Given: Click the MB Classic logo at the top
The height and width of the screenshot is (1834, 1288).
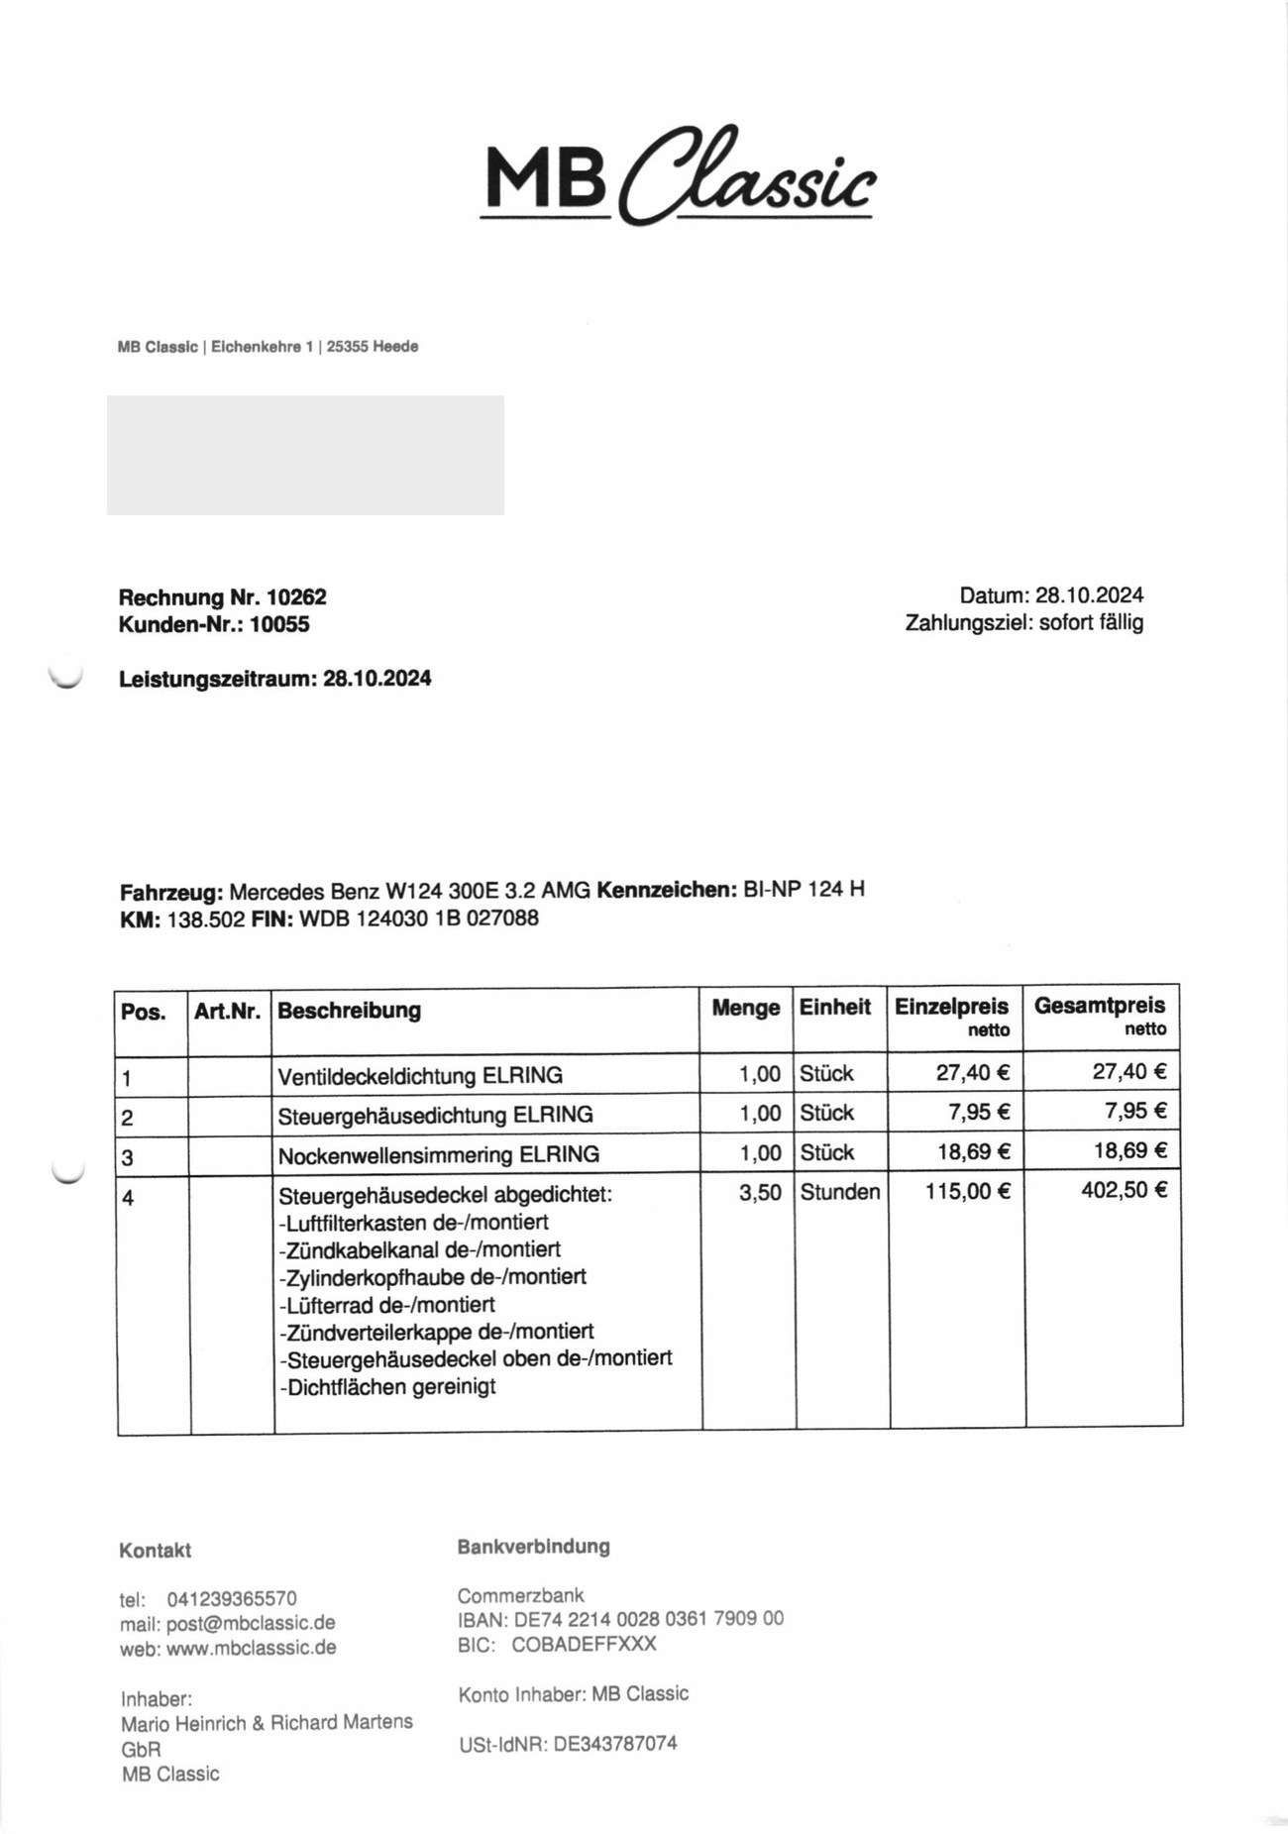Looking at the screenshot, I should tap(679, 176).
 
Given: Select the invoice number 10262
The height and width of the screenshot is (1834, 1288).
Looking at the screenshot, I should tap(296, 597).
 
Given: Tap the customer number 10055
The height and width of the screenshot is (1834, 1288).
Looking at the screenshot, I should tap(279, 624).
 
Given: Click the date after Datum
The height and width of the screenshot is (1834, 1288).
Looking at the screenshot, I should tap(1089, 595).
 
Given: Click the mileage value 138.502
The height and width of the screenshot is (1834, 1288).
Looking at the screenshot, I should tap(206, 918).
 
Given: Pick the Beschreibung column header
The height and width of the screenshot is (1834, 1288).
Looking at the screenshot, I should tap(349, 1011).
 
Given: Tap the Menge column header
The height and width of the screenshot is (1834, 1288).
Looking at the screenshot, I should tap(745, 1008).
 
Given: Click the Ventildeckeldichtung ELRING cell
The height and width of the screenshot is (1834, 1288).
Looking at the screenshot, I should tap(420, 1075).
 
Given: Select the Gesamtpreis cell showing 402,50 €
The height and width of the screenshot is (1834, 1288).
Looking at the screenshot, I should tap(1124, 1190).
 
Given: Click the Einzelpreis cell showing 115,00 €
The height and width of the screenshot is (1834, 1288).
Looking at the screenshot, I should tap(967, 1191).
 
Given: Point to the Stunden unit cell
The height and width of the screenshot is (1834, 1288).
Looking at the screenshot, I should tap(839, 1192).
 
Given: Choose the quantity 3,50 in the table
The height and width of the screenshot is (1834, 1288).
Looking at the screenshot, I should tap(760, 1192).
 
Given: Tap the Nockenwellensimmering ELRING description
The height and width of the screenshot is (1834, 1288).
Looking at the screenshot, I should tap(438, 1154).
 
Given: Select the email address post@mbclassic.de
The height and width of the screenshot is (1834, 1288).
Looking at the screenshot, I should tap(251, 1623).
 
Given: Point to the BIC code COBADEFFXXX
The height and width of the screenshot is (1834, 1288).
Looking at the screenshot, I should tap(584, 1644).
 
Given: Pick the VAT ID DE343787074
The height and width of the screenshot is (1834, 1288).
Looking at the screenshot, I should tap(615, 1743).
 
